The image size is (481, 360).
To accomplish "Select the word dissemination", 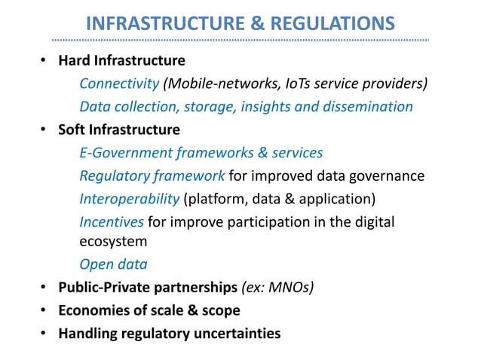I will tap(370, 106).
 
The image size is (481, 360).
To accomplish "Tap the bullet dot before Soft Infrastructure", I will tap(44, 130).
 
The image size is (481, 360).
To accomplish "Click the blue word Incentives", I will tap(112, 222).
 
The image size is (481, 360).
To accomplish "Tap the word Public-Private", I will tap(106, 287).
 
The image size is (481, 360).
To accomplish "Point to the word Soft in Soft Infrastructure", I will tap(72, 130).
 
